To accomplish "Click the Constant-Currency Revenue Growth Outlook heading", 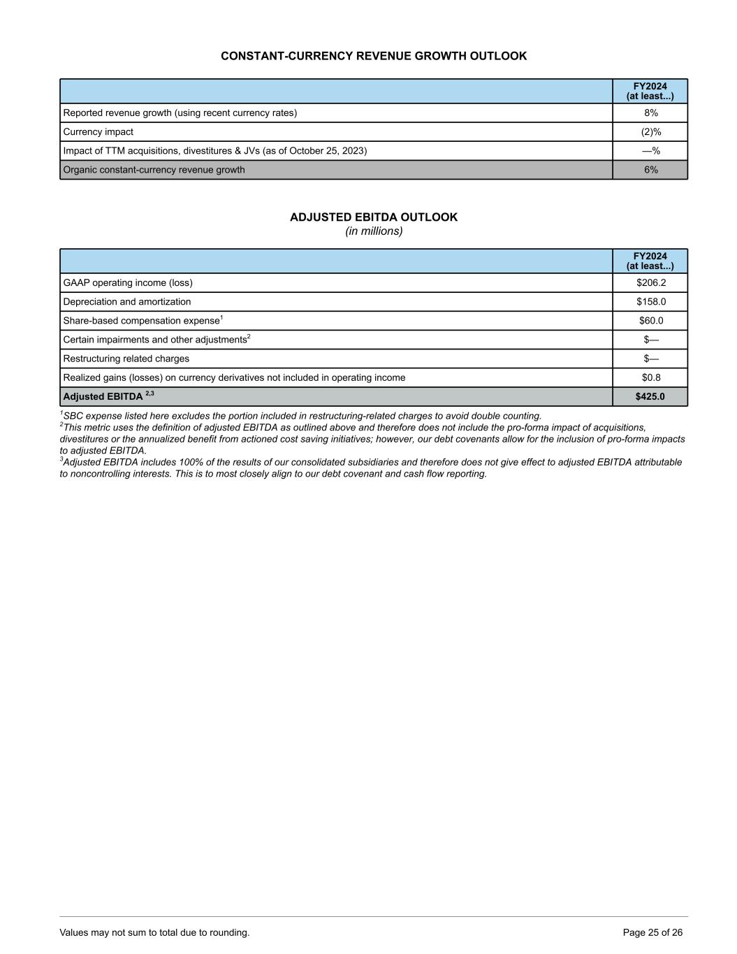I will (374, 56).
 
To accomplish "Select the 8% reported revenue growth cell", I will (650, 113).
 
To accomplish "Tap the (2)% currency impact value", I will (650, 131).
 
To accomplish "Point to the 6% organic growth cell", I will (650, 169).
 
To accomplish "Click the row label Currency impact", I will (98, 131).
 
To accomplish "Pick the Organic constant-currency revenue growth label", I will (154, 169).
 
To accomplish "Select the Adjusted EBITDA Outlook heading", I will (374, 217).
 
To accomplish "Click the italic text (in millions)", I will (374, 231).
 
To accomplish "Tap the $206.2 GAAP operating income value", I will (650, 282).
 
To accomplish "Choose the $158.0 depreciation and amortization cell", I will (650, 301).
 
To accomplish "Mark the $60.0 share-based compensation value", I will (650, 320).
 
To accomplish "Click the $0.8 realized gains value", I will (650, 377).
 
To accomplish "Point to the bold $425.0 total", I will (650, 396).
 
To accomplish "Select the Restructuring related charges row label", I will (126, 359).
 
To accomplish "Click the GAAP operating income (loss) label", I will (127, 282).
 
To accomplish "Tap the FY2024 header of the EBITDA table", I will (650, 261).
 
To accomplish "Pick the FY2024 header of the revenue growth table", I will (650, 91).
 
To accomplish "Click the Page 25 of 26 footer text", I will (652, 932).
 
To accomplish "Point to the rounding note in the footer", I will (154, 932).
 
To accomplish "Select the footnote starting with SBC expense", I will (302, 416).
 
